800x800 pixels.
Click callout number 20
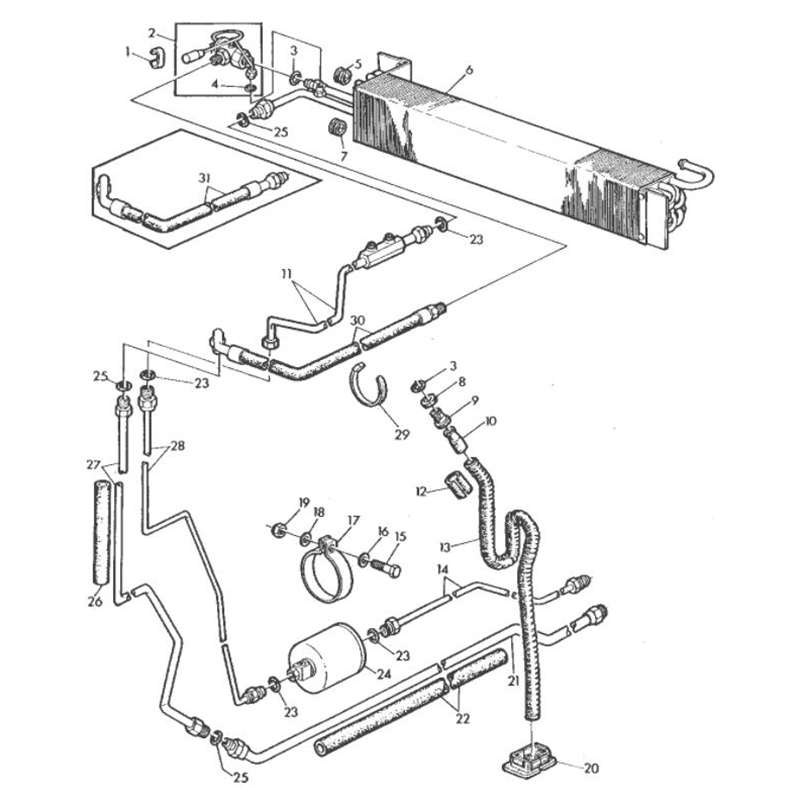tap(591, 768)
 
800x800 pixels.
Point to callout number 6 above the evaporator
tap(469, 69)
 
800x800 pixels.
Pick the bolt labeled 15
tap(389, 567)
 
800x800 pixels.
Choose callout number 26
tap(95, 602)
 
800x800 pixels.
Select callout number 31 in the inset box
tap(205, 178)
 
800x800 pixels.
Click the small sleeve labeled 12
tap(454, 486)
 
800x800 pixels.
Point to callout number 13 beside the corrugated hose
tap(445, 547)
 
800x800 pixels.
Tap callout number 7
tap(343, 156)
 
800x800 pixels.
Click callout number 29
tap(402, 434)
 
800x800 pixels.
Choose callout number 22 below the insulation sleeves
tap(462, 719)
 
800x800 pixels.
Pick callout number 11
tap(286, 274)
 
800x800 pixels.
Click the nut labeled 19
tap(279, 531)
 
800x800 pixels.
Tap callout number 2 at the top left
tap(152, 33)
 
